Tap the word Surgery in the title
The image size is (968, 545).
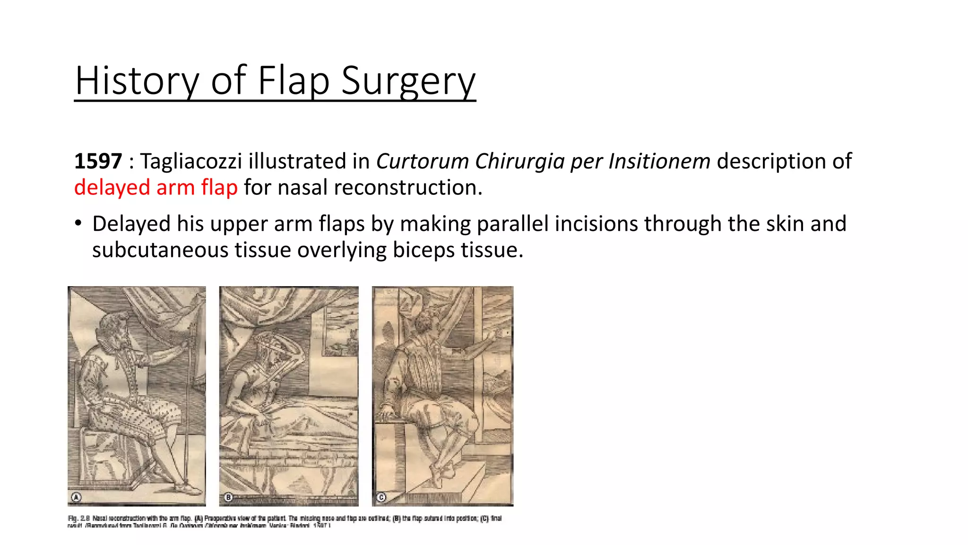(x=408, y=81)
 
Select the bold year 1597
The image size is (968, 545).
(x=98, y=161)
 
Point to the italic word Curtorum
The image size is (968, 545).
(x=422, y=161)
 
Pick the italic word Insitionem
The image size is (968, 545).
(x=659, y=161)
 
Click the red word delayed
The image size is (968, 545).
(x=112, y=187)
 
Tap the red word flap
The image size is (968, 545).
(x=219, y=187)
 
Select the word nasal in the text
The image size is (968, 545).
(x=302, y=187)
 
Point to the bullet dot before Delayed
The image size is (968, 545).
(x=78, y=223)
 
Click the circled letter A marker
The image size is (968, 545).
(x=76, y=497)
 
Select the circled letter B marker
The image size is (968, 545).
(x=228, y=497)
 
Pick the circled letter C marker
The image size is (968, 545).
(x=381, y=497)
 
